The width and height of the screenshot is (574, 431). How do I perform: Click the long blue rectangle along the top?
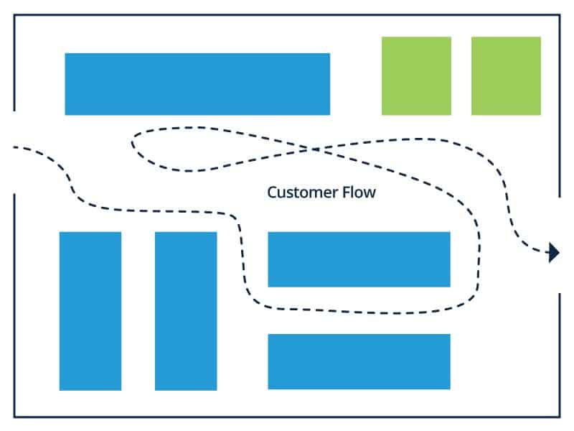click(197, 83)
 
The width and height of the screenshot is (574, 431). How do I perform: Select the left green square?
click(416, 75)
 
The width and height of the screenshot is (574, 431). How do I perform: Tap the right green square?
click(506, 75)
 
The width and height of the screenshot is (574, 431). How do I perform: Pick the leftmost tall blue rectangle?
click(90, 310)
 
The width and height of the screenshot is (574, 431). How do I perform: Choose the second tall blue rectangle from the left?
click(186, 310)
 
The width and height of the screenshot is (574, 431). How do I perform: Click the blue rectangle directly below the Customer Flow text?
click(359, 259)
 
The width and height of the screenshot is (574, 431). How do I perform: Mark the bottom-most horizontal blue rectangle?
click(359, 361)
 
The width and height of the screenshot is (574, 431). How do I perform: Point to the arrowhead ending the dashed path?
click(553, 251)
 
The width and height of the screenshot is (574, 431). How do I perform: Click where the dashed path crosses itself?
click(314, 149)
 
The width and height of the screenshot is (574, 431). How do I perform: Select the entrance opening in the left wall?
click(14, 152)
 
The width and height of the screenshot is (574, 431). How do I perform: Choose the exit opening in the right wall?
click(560, 244)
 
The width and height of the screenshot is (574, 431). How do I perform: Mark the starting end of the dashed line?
click(15, 149)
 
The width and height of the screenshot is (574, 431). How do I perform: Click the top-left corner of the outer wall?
click(14, 15)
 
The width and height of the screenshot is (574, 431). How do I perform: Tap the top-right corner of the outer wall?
click(560, 15)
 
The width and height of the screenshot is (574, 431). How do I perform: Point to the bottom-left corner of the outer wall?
click(14, 417)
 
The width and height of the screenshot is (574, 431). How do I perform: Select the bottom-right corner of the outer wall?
click(560, 417)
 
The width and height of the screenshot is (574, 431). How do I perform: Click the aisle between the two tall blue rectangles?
click(138, 310)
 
